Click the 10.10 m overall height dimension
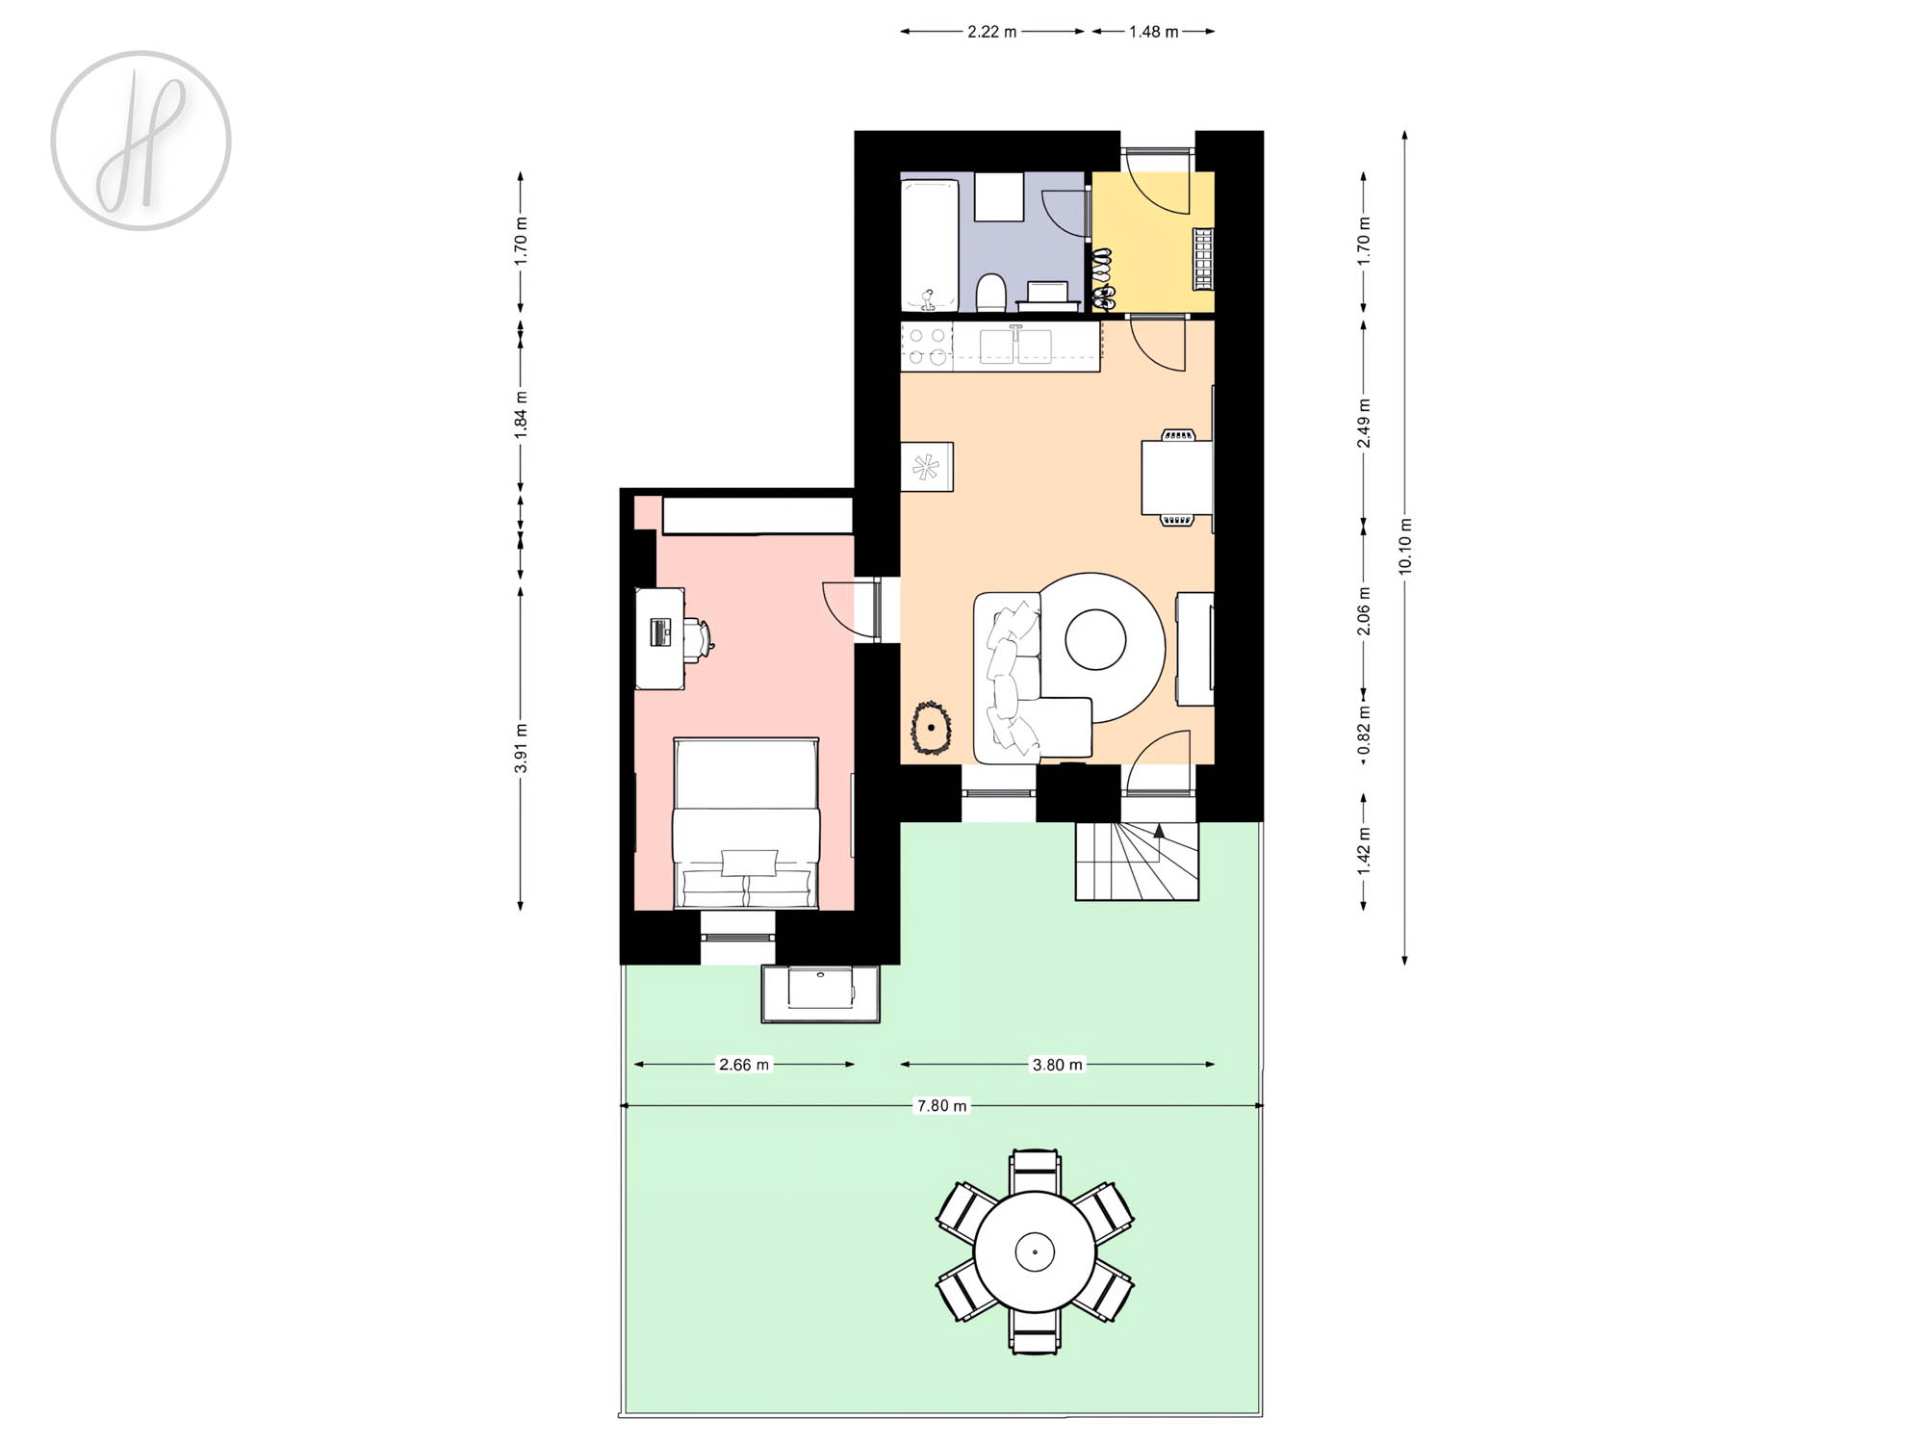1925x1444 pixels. tap(1405, 546)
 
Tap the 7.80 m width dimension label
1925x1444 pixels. tap(941, 1106)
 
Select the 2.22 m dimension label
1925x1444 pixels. tap(991, 32)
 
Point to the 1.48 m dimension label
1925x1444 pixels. tap(1153, 32)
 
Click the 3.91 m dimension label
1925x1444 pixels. tap(521, 748)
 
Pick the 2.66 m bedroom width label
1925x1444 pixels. tap(744, 1065)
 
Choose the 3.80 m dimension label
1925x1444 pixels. tap(1057, 1065)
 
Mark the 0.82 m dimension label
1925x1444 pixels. tap(1364, 731)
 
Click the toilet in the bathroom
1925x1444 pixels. tap(990, 293)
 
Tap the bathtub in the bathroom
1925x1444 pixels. tap(930, 245)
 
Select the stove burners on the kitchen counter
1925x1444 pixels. tap(927, 347)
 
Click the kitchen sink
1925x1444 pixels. tap(1015, 346)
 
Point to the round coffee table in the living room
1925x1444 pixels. tap(1095, 638)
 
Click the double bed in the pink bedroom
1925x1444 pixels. tap(746, 823)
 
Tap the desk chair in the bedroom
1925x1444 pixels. tap(699, 637)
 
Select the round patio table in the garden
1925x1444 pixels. tap(1035, 1251)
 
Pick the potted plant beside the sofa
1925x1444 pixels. tap(932, 728)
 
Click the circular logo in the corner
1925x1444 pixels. tap(141, 141)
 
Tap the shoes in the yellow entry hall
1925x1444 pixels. tap(1102, 279)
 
